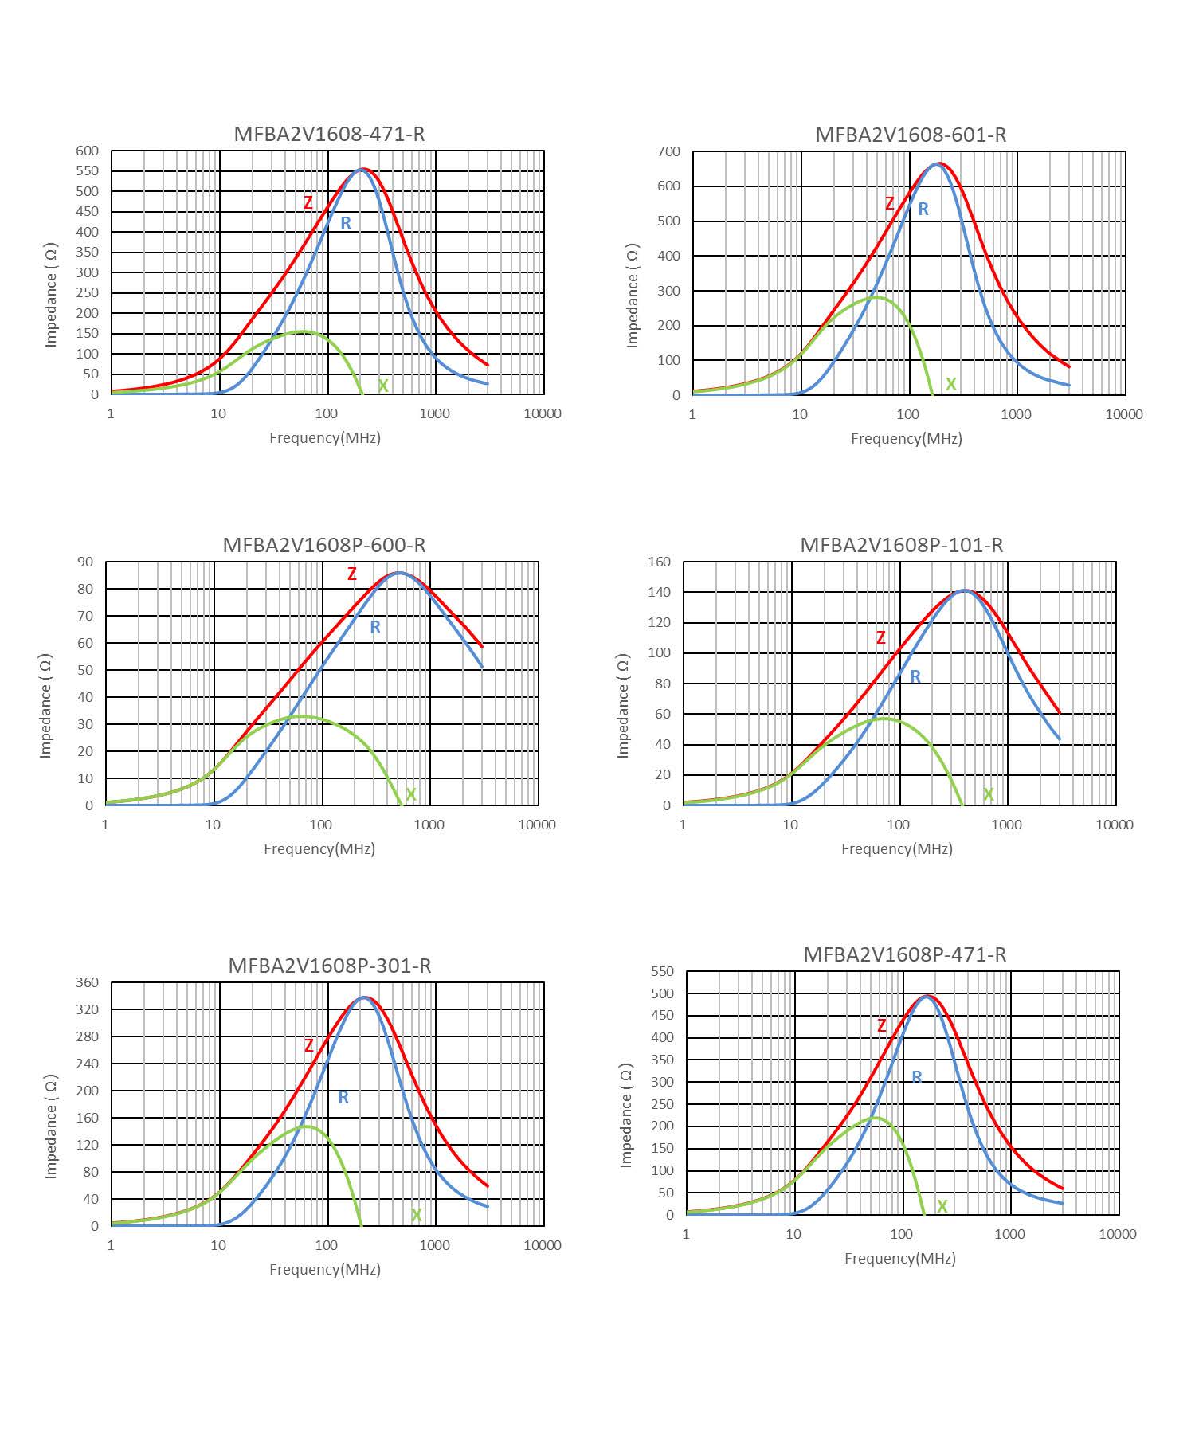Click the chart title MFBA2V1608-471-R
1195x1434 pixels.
tap(329, 134)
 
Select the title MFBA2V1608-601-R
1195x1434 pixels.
tap(911, 135)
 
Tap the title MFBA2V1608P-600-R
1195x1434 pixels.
tap(323, 545)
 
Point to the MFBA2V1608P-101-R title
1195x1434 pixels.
tap(901, 545)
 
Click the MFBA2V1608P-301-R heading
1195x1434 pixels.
tap(329, 966)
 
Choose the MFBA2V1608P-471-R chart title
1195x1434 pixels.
tap(904, 954)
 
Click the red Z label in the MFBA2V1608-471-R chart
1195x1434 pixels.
tap(308, 203)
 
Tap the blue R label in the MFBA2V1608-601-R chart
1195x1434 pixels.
tap(923, 210)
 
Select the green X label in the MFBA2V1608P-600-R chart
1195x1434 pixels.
tap(411, 794)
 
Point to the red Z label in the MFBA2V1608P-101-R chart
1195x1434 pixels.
tap(880, 638)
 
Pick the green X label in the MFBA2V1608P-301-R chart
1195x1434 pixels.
tap(416, 1215)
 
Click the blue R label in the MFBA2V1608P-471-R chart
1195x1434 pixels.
tap(917, 1077)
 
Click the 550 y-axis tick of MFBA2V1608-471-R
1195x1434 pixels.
tap(88, 171)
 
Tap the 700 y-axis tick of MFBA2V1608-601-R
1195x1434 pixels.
tap(669, 151)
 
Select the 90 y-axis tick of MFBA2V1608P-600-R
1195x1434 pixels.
tap(86, 562)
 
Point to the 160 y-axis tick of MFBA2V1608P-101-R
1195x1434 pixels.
tap(660, 562)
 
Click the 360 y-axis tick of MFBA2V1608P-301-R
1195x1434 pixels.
tap(88, 982)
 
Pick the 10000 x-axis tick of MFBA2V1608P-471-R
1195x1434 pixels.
tap(1117, 1234)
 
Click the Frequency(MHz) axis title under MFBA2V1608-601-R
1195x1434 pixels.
tap(907, 438)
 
